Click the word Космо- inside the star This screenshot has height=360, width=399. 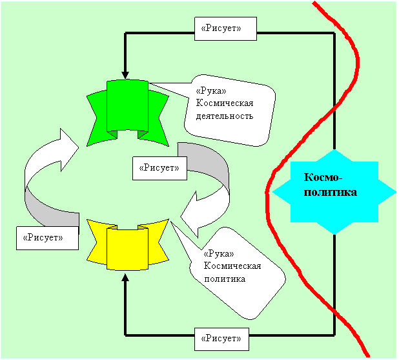(324, 178)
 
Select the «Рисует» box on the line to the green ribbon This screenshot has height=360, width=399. (225, 28)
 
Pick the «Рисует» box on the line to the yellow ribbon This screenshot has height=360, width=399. (221, 337)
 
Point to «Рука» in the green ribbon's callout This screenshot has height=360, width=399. (209, 91)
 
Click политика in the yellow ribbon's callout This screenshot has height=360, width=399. (224, 279)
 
